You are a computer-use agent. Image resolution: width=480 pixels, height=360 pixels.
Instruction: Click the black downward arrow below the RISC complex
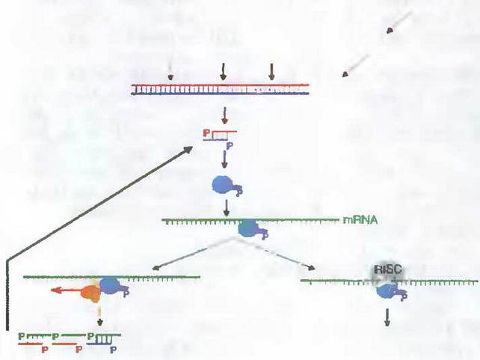pos(387,317)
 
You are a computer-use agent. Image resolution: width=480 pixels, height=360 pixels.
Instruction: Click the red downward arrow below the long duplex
pos(224,115)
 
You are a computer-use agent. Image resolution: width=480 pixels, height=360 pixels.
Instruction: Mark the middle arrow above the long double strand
pos(223,71)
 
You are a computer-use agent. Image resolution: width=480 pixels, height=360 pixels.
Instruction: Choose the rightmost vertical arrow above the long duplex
pos(272,71)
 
